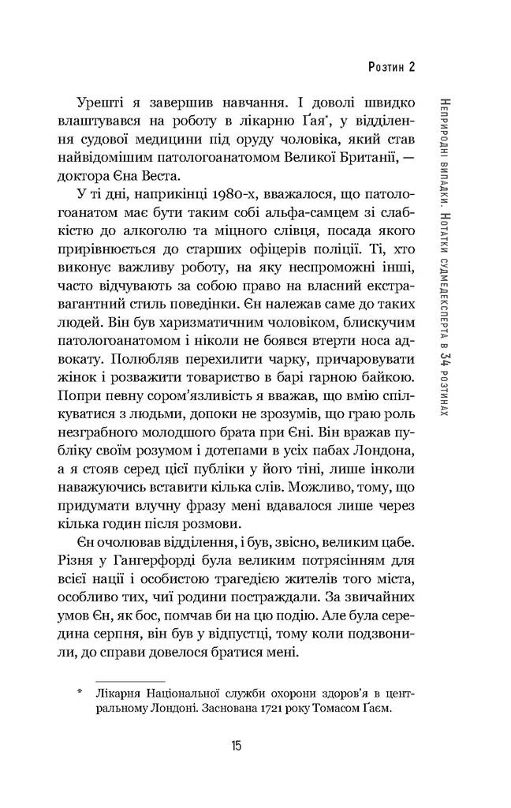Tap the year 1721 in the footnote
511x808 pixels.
point(243,709)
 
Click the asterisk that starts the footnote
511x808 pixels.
point(81,691)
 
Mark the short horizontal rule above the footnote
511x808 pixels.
point(129,678)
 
